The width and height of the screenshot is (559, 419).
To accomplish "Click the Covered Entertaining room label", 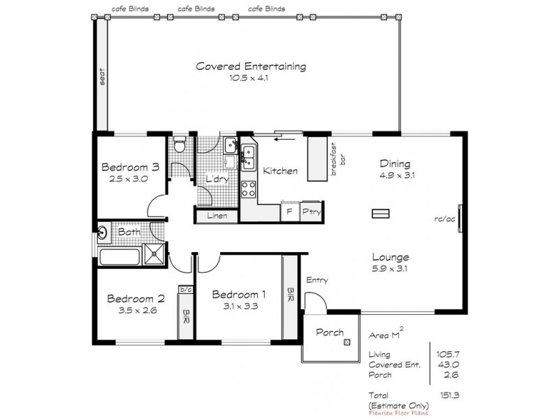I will (x=250, y=67).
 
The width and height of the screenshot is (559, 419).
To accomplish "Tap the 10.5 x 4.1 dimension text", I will (x=249, y=79).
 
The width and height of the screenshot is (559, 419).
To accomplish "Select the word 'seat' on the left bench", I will (x=102, y=75).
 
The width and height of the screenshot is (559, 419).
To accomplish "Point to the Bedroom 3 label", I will (x=131, y=167).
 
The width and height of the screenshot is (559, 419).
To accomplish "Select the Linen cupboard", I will (x=217, y=216).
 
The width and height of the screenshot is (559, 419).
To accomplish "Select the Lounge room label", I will (x=391, y=256).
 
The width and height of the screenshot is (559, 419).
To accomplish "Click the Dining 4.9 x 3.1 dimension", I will (x=397, y=175).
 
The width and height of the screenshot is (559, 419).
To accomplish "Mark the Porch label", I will (x=328, y=332).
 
